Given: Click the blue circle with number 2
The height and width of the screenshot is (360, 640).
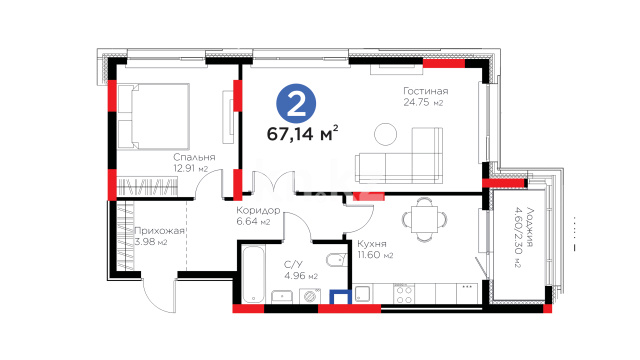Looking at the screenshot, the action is (x=296, y=104).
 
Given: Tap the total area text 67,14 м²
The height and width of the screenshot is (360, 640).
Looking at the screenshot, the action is (x=302, y=133).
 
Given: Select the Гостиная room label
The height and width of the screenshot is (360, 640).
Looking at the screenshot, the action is (x=425, y=91).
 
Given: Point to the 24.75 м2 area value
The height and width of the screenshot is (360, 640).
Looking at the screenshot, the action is (x=423, y=102).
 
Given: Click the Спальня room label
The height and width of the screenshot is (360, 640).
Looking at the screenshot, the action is (x=194, y=157).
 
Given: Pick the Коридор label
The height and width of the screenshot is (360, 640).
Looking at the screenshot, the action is (x=258, y=211).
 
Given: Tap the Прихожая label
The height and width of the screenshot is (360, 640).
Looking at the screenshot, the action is (x=159, y=231).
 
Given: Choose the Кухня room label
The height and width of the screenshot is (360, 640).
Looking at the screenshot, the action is (x=371, y=244).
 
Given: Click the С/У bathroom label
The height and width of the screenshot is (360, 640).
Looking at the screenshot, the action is (x=294, y=265).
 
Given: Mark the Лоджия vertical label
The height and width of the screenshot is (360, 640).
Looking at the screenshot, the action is (x=529, y=227).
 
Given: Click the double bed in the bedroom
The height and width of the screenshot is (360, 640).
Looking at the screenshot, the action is (x=154, y=116).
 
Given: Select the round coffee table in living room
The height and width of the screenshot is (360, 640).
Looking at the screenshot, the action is (x=385, y=134).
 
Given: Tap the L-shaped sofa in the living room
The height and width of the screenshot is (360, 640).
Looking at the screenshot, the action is (x=399, y=156).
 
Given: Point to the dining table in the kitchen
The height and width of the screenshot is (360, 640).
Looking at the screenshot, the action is (x=424, y=219).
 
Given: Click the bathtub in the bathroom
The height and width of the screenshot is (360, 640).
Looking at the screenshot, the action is (x=253, y=274).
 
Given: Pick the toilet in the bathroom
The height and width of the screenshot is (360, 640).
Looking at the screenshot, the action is (x=336, y=259).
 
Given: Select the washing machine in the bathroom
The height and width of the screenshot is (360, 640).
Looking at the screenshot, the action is (x=310, y=296).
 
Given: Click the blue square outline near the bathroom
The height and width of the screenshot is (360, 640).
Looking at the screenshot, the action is (x=341, y=297).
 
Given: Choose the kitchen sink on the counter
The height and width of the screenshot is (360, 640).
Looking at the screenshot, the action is (x=363, y=294).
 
